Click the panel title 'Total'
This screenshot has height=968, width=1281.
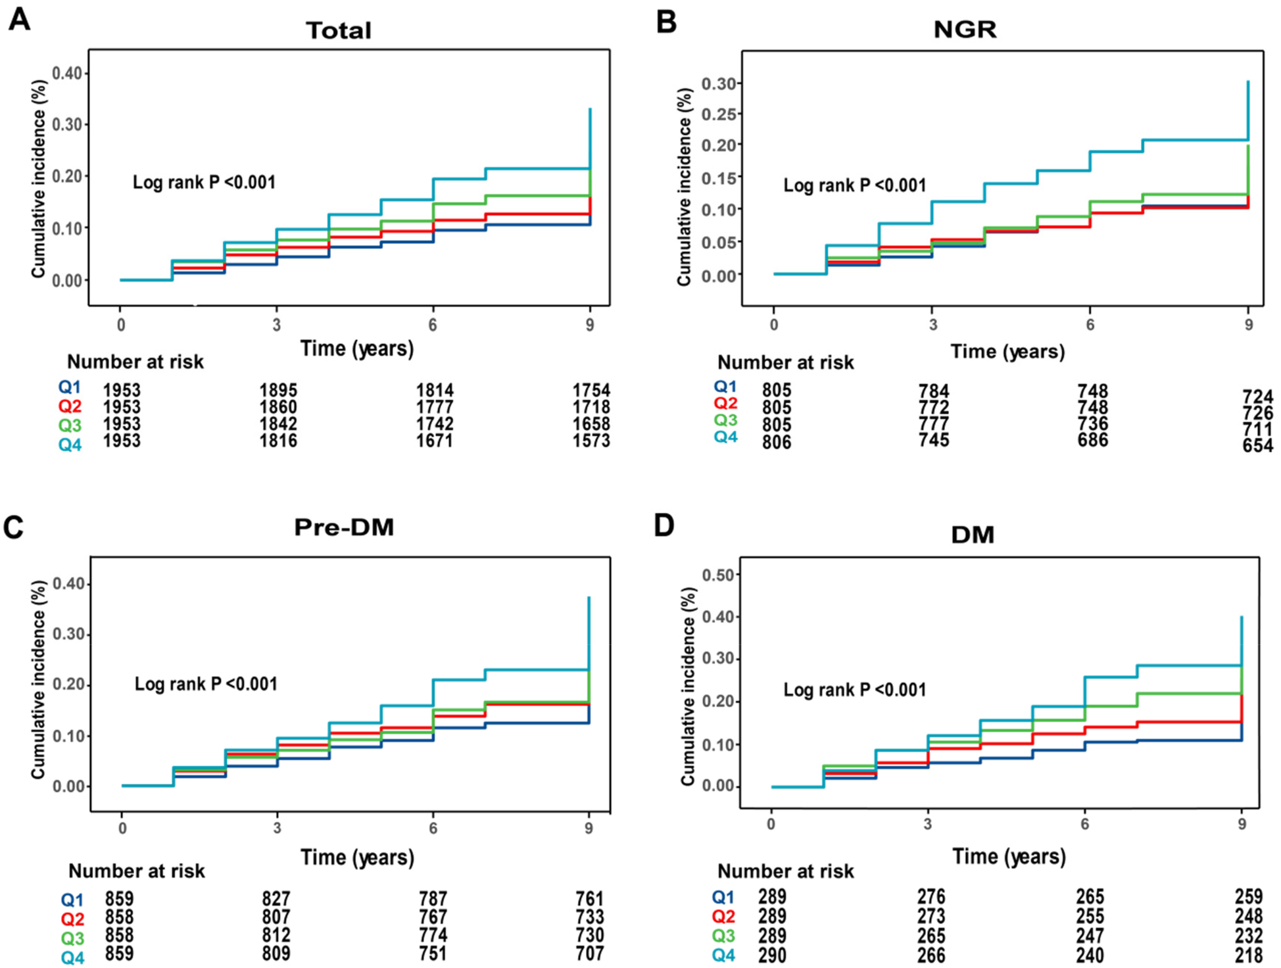338,30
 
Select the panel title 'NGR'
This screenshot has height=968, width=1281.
965,29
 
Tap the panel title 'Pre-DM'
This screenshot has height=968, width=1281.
343,527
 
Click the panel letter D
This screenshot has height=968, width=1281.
664,526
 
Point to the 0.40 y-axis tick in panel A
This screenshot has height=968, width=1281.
67,73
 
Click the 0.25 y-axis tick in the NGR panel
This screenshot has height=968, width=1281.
718,114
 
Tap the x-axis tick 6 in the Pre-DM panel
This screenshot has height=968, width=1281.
433,829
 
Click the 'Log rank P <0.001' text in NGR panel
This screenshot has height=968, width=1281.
854,185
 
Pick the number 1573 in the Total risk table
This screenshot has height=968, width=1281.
591,441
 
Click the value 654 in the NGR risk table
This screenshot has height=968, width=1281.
1257,445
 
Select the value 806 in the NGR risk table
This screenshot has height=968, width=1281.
777,442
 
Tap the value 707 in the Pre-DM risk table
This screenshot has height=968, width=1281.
589,953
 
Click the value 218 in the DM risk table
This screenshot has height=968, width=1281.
1248,955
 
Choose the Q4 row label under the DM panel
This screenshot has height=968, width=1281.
723,955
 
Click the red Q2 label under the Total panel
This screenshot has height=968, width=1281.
70,406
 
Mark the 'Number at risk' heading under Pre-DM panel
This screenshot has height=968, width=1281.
136,871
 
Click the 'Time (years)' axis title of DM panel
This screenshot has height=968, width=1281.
1009,856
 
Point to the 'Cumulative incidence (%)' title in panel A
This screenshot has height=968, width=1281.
38,178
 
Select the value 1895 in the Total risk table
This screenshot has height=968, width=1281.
278,391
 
